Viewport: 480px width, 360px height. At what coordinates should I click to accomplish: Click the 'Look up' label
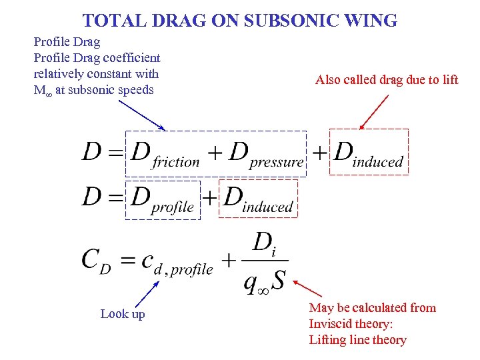(122, 314)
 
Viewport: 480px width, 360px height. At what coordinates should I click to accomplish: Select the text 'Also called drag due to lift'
(387, 80)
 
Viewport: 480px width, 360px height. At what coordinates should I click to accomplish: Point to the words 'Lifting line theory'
(357, 340)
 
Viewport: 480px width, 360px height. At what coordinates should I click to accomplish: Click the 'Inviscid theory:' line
(351, 324)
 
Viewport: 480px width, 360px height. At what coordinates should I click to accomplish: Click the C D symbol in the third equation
(96, 261)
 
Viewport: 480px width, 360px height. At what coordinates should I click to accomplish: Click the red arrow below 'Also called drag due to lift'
(374, 111)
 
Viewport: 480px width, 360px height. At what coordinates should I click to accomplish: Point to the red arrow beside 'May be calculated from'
(307, 289)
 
